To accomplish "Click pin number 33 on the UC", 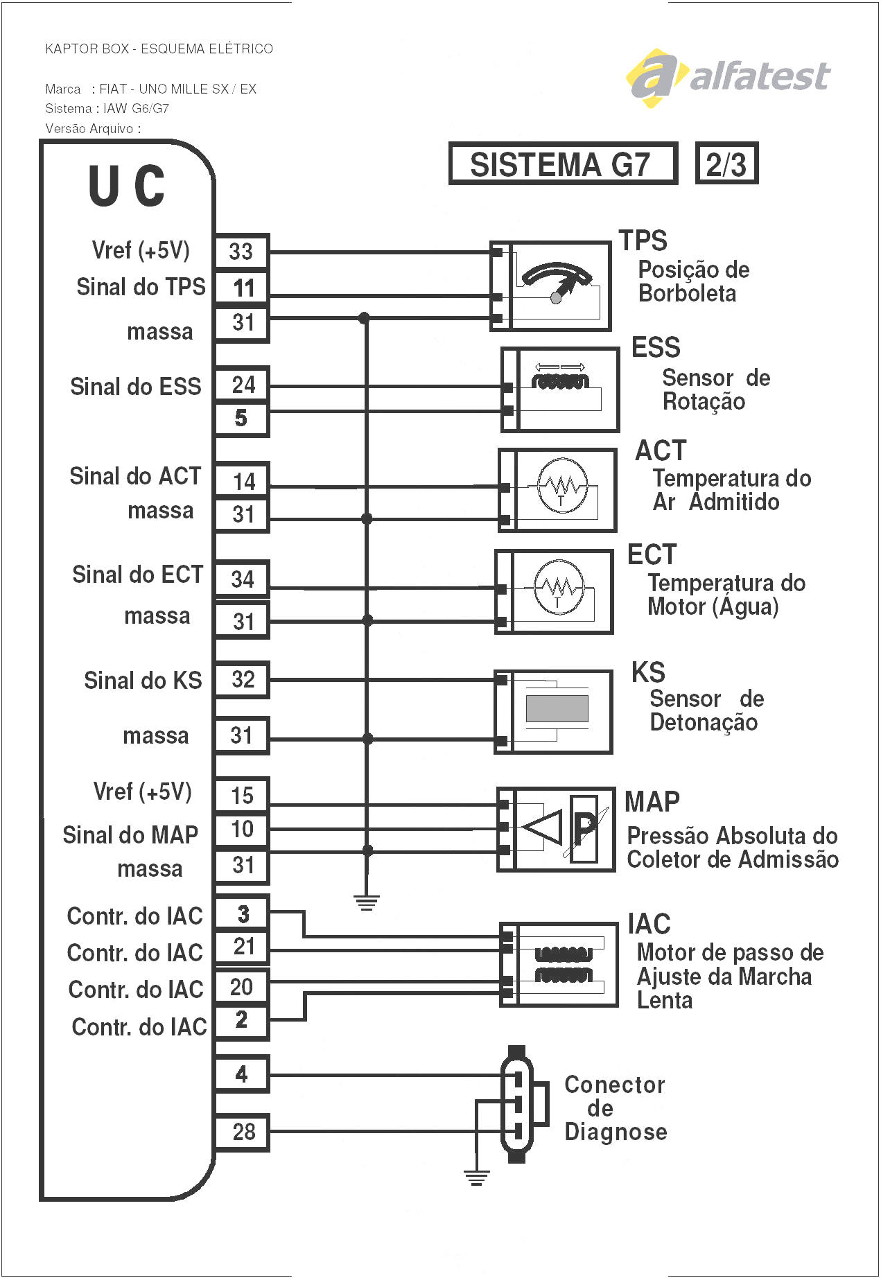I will (x=241, y=251).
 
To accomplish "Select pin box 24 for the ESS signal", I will (x=242, y=385).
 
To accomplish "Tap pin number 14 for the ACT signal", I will (x=242, y=481).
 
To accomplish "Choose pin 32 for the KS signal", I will (x=242, y=679).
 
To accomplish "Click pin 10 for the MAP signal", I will (x=242, y=829).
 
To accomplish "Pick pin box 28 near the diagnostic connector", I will (x=242, y=1132).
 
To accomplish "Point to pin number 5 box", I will (x=241, y=418).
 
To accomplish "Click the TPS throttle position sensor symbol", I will (x=550, y=286).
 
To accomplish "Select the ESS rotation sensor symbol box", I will (x=560, y=389).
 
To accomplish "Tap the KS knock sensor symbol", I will (x=553, y=711).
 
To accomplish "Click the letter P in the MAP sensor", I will (x=584, y=827).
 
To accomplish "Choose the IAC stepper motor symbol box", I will (x=559, y=964).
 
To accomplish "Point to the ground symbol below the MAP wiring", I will (x=366, y=902).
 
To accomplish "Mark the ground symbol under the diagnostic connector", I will (x=476, y=1177).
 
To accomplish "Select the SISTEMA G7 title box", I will (x=562, y=164).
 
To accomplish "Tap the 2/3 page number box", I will (x=726, y=164).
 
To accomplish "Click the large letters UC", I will (x=127, y=186).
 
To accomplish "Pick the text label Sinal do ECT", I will (x=137, y=575).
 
